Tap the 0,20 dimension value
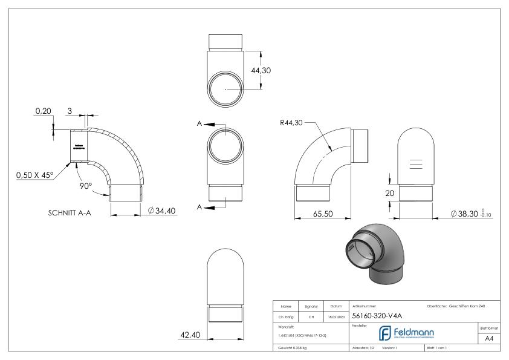[x=43, y=111]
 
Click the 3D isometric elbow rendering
[x=370, y=252]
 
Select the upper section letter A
[x=199, y=123]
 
